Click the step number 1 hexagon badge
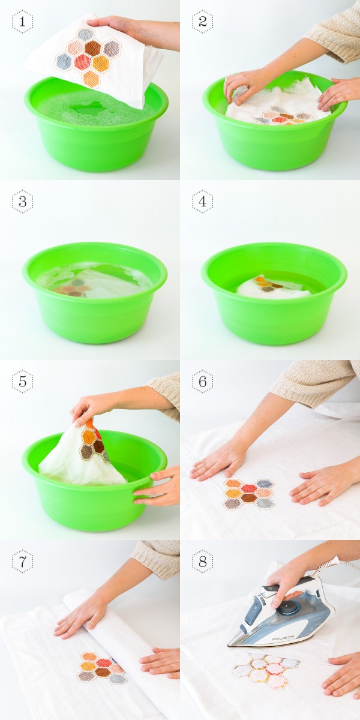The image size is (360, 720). (x=22, y=22)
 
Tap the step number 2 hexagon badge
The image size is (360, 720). (x=203, y=22)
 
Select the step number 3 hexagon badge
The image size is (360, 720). (x=22, y=202)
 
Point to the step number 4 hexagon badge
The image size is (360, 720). (x=203, y=202)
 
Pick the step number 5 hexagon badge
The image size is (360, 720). (x=22, y=382)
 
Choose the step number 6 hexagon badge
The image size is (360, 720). (x=203, y=382)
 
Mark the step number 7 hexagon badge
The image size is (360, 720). (x=22, y=562)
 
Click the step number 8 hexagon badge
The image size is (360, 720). (x=203, y=562)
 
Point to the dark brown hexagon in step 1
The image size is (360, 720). (x=93, y=48)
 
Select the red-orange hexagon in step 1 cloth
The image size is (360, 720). (x=83, y=62)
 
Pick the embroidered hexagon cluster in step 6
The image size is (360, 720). (x=249, y=494)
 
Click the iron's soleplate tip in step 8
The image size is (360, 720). (x=229, y=644)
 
